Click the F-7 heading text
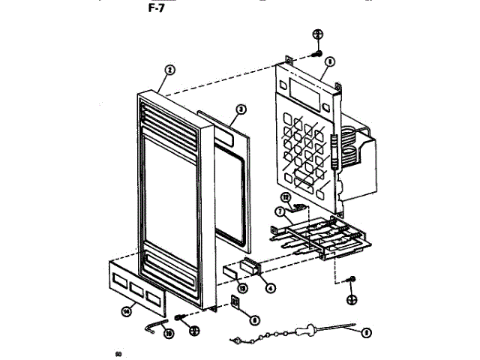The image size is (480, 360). pos(161,10)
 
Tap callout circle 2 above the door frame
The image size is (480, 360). pos(169,70)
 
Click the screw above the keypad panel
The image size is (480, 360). pos(316,53)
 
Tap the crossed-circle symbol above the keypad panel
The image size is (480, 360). pos(317,34)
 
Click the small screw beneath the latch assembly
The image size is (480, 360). pos(350,280)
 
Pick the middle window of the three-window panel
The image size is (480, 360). pos(136,286)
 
